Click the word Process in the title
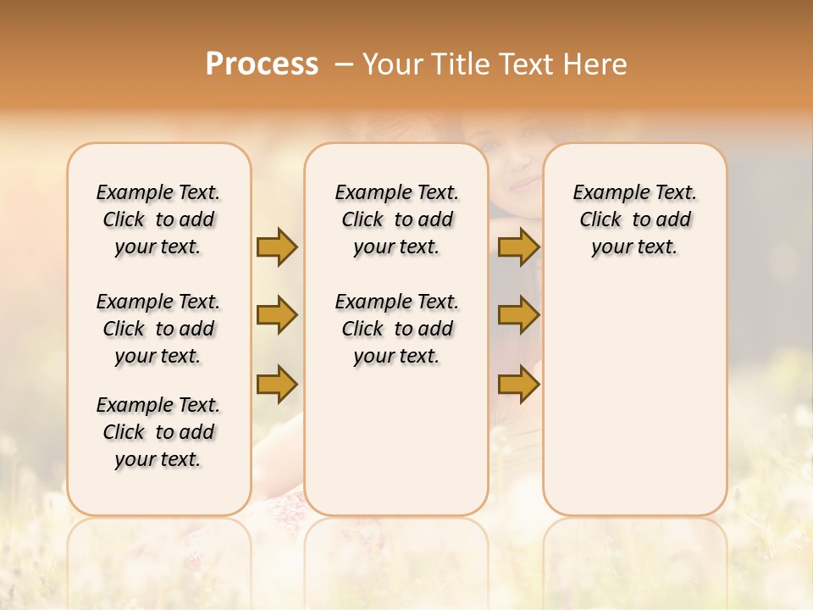262,64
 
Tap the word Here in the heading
596,64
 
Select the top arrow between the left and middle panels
277,247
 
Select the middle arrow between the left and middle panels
277,315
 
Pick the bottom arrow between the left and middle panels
277,384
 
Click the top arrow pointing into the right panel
518,247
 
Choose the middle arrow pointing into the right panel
518,315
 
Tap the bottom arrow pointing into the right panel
518,384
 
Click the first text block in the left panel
158,219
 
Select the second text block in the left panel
158,329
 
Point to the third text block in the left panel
158,432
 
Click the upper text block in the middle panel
396,219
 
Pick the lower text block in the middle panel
396,329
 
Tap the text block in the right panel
634,219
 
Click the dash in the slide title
344,64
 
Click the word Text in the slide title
525,64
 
